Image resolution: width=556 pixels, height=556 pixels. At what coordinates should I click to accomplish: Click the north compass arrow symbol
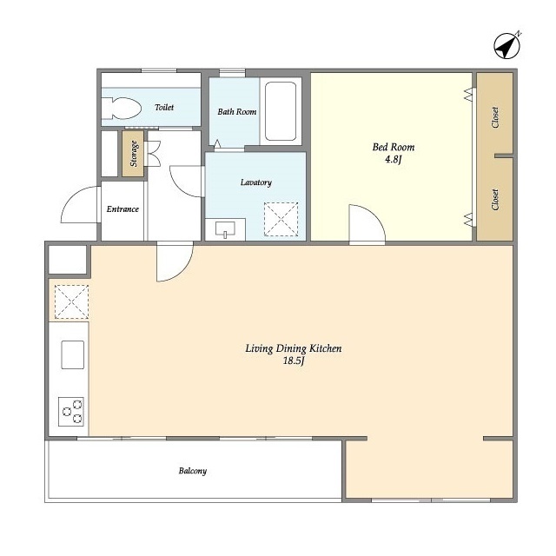point(507,46)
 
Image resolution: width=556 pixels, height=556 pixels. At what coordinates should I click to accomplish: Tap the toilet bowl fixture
point(122,108)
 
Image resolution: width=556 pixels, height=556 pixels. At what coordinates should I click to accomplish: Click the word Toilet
point(164,107)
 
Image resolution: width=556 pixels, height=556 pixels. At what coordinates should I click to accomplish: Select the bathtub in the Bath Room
point(280,111)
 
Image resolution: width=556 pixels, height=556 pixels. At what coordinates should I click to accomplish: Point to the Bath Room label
point(237,112)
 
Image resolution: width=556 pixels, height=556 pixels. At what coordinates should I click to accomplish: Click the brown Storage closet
point(133,154)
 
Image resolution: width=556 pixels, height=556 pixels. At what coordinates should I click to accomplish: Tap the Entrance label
point(122,209)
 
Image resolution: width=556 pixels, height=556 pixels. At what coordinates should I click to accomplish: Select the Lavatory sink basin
point(225,228)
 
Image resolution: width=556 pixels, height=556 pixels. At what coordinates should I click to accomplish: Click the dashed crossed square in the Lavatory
point(281,219)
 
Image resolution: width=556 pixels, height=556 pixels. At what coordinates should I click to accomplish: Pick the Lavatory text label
point(256,182)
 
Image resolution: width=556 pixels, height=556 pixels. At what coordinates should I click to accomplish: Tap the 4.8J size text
point(394,159)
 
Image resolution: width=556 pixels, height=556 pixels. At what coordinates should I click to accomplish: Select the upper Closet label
point(495,117)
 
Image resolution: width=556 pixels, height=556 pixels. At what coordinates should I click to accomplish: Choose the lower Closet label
point(495,199)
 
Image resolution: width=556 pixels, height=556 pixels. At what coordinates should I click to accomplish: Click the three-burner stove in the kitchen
point(71,411)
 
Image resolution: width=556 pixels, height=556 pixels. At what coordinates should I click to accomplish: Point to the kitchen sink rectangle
point(73,354)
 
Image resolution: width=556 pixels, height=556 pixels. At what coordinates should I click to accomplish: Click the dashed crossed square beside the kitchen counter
point(71,301)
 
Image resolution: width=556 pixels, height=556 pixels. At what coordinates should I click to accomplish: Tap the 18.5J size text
point(294,361)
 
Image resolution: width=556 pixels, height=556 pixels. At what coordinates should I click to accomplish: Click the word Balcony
point(193,471)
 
